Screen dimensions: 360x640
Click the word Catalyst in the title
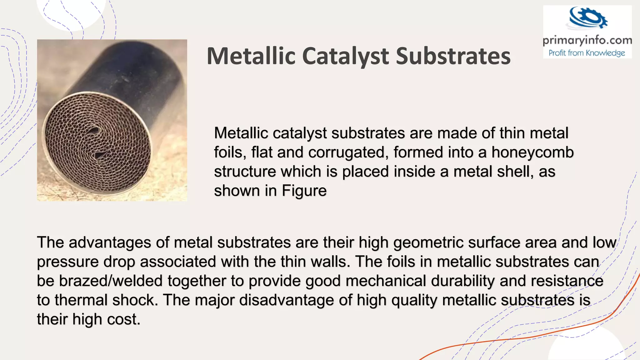coord(346,56)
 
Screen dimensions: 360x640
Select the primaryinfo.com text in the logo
coord(587,40)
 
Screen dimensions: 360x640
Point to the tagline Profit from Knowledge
coord(587,53)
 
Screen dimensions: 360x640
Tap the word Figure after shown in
coord(304,191)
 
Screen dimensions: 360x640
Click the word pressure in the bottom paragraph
coord(67,262)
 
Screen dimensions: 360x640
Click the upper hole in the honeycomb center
coord(94,130)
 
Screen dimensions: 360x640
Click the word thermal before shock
coord(81,300)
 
